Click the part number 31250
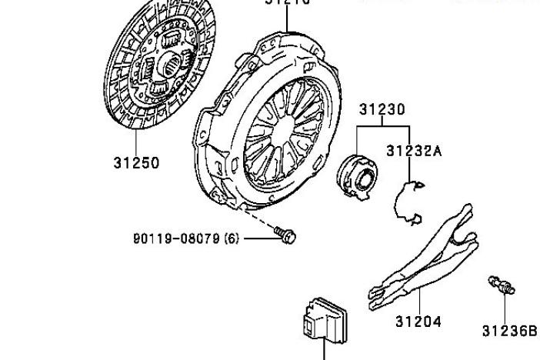136,163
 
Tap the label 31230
382,111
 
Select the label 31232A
414,151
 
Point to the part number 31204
418,322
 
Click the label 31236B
508,331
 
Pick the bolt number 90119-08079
176,238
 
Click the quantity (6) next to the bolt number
230,238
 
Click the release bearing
358,172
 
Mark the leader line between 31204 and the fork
418,302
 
